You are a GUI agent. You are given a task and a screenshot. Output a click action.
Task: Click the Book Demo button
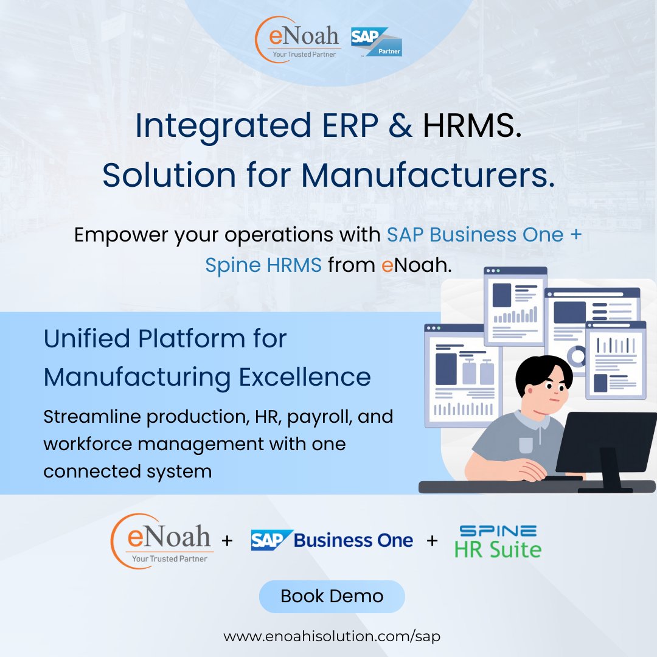(x=332, y=596)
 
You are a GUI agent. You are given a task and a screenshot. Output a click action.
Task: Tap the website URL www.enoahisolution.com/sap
(x=332, y=636)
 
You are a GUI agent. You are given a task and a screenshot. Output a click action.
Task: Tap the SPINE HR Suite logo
(x=498, y=541)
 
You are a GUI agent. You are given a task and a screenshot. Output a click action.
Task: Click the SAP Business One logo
(x=332, y=540)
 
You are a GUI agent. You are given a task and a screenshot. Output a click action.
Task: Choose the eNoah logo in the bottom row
(x=161, y=540)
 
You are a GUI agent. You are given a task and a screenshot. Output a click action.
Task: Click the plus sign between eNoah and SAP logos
(x=227, y=540)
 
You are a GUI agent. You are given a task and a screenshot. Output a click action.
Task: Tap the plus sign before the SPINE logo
(x=433, y=540)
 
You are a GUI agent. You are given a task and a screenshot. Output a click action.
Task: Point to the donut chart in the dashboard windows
(x=575, y=355)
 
